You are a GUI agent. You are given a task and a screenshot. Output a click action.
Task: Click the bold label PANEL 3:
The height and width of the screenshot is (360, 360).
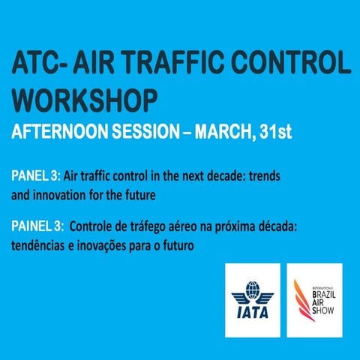pos(35,175)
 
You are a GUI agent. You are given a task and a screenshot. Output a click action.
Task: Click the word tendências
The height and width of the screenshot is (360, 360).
pos(38,244)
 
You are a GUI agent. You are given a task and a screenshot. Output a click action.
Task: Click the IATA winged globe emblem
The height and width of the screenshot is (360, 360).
pos(252,288)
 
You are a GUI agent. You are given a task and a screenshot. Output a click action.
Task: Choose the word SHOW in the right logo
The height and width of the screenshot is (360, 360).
pos(322,316)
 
